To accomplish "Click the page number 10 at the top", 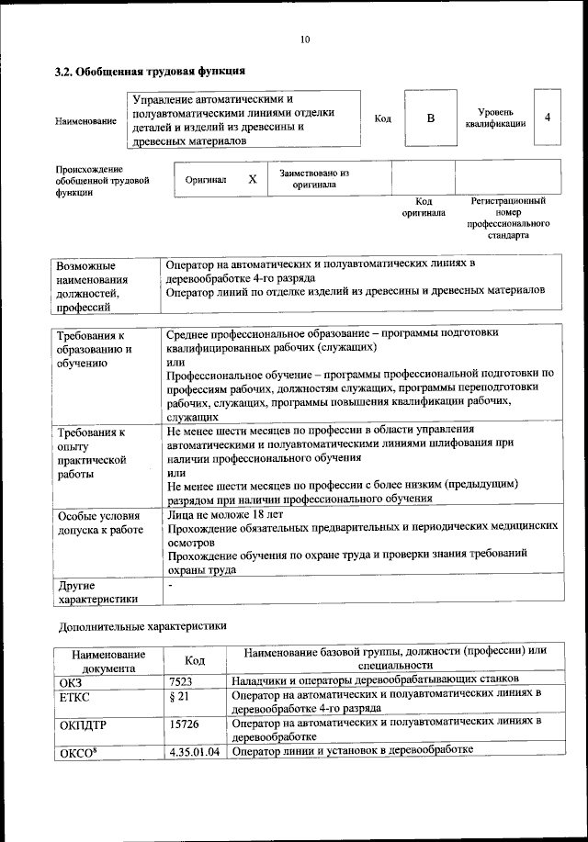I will coord(305,39).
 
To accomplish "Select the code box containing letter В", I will coord(430,118).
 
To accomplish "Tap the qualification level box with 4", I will coord(548,118).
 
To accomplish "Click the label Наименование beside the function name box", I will coord(85,120).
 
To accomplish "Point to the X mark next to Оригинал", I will coord(252,179).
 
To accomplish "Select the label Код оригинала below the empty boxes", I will coord(424,207).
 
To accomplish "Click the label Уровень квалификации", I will coord(495,118).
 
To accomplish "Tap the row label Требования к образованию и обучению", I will coord(94,349).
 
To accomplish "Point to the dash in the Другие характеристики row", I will coord(170,584).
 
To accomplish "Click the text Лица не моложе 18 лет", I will coord(225,515).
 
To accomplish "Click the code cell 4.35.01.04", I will coord(195,751).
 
